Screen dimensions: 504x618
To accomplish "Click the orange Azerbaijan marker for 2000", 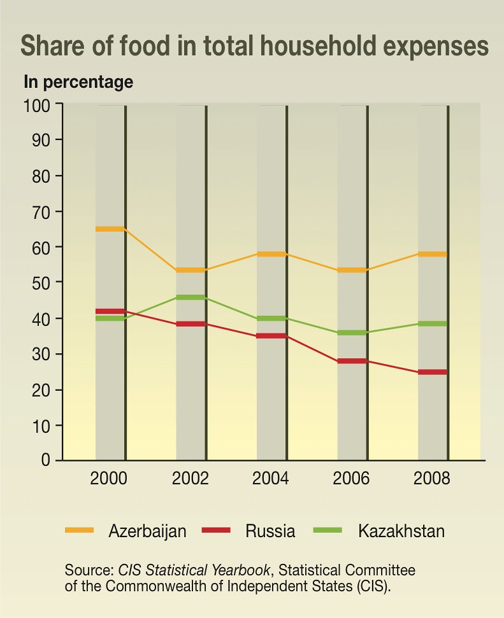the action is point(110,229).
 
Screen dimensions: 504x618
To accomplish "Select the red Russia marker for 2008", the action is point(433,372).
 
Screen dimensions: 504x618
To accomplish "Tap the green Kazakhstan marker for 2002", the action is point(191,297).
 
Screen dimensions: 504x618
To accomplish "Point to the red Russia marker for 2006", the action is point(352,361).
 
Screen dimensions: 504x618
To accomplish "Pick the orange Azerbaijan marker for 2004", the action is point(271,254).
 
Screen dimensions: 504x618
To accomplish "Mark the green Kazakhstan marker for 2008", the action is point(433,323).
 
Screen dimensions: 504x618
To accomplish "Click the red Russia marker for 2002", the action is point(191,324).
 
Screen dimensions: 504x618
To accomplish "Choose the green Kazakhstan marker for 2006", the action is point(352,333).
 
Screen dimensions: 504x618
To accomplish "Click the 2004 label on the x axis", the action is point(270,479).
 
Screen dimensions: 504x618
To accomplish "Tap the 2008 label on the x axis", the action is point(431,479).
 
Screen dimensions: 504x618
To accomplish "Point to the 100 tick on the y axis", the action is point(37,106).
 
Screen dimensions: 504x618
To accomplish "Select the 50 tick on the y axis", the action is point(41,283).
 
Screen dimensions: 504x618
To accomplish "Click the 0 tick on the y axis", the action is point(46,460).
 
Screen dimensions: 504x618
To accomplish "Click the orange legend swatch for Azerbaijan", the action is point(80,530).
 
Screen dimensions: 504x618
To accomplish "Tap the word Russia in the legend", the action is point(270,531).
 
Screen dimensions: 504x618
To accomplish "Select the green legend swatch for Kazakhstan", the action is point(327,530).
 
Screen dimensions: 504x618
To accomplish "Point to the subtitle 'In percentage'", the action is point(78,83).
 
